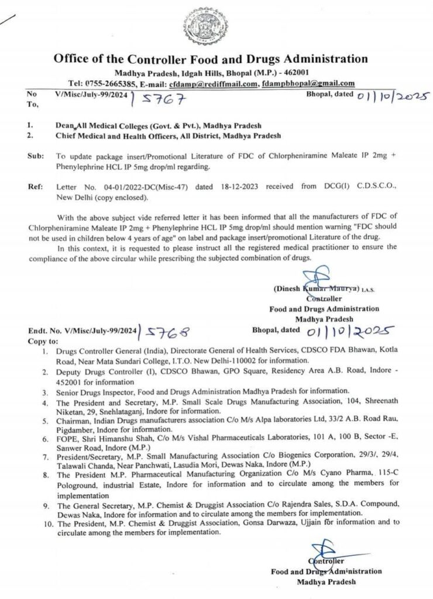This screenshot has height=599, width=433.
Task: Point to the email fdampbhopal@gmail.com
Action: [308, 84]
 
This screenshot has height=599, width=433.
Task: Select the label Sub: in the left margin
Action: [35, 157]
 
